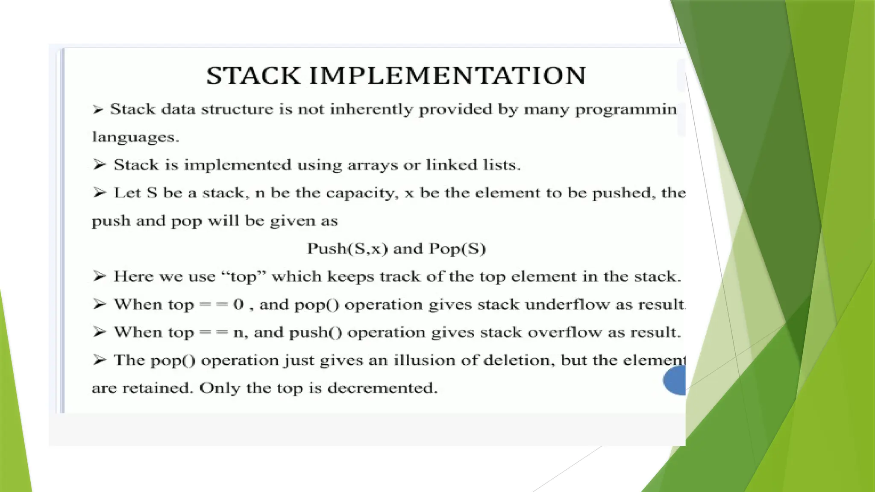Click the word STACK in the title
click(x=253, y=76)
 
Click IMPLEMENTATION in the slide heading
click(x=447, y=76)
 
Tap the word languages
click(x=135, y=137)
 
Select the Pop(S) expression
click(x=457, y=249)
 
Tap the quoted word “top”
click(x=244, y=276)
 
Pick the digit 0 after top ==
click(x=238, y=305)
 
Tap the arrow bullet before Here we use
click(x=99, y=276)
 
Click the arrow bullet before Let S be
click(x=99, y=193)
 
